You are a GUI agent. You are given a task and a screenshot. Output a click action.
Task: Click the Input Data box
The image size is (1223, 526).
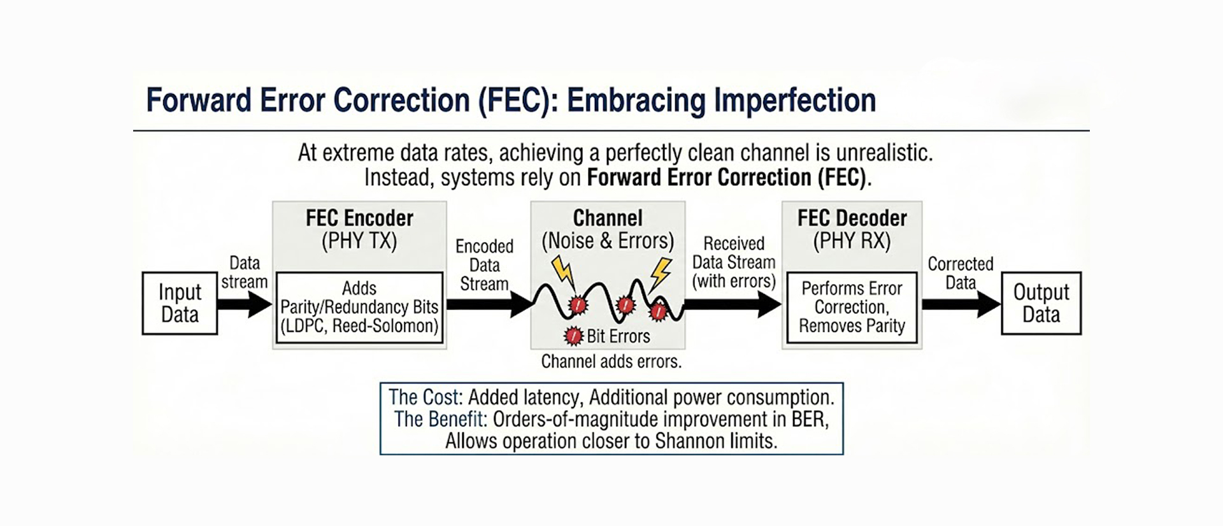[x=180, y=303]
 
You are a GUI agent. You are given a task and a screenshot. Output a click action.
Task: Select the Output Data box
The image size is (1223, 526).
[x=1041, y=303]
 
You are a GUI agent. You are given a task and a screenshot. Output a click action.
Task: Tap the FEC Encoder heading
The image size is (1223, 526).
[x=359, y=218]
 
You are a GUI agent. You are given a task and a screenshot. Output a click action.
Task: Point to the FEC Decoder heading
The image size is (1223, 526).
[x=852, y=218]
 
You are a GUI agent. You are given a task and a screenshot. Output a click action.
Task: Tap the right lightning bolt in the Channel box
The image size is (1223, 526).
[x=661, y=273]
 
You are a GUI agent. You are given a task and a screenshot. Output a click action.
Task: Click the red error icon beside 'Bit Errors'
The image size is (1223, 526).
[x=574, y=336]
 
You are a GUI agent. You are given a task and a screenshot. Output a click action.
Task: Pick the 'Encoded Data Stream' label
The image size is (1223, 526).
[x=484, y=265]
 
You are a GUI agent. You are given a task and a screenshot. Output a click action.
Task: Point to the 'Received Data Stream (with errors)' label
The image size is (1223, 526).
[x=734, y=262]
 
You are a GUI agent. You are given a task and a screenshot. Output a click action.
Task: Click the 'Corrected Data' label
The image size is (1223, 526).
[x=960, y=273]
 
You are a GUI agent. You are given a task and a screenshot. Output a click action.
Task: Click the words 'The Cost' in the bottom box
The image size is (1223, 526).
[x=423, y=397]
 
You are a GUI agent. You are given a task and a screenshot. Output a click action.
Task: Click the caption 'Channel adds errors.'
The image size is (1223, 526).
[x=611, y=362]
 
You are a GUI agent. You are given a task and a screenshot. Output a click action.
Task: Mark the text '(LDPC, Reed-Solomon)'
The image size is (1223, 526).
[x=359, y=326]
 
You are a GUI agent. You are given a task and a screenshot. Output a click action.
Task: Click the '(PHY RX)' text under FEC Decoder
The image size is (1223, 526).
[x=852, y=241]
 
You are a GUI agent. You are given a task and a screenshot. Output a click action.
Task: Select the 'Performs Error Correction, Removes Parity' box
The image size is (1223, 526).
[x=852, y=308]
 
